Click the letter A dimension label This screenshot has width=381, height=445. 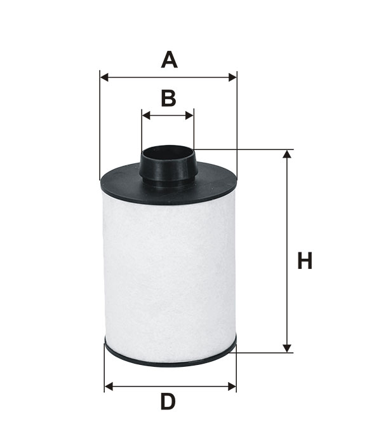(x=170, y=60)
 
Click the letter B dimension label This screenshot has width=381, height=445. (x=168, y=98)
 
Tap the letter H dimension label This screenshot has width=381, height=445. (x=305, y=260)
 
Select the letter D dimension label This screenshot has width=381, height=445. (x=168, y=402)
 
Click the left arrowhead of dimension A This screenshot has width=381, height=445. (x=104, y=77)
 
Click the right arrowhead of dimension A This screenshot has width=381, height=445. (x=232, y=77)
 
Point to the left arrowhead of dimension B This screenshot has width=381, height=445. (x=145, y=116)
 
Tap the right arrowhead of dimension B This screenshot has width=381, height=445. (x=189, y=116)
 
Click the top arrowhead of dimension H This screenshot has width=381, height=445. (x=287, y=154)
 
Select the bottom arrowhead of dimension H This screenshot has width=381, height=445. (x=287, y=348)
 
